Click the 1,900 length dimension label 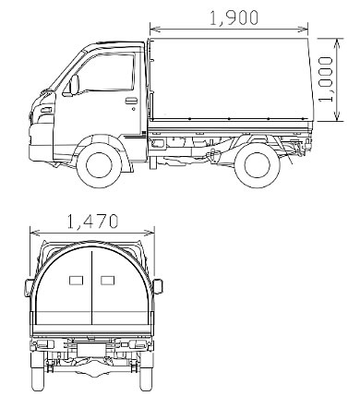[x=234, y=18]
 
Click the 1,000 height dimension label [x=326, y=79]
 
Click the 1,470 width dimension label [x=92, y=222]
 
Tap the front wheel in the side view [x=99, y=165]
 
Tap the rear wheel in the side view [x=258, y=165]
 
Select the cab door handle [x=131, y=101]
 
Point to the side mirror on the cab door [x=74, y=85]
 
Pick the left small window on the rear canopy [x=76, y=281]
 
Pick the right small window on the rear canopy [x=107, y=281]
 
